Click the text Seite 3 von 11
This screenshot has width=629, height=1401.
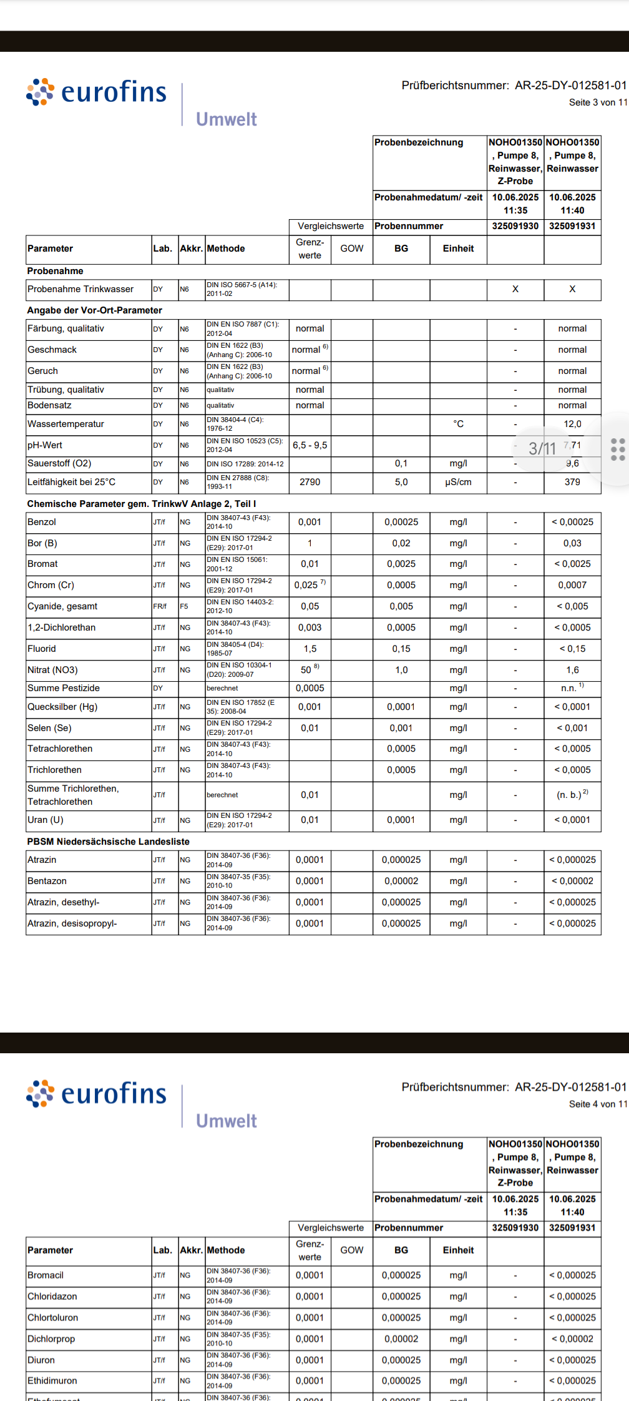pos(597,102)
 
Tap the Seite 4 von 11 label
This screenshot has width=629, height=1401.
pos(597,1104)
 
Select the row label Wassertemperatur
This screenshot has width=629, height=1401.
pos(66,424)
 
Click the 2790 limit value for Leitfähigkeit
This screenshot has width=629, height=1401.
pos(310,482)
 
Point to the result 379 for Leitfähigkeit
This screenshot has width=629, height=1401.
pos(572,482)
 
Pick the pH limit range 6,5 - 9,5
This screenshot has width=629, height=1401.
pos(310,445)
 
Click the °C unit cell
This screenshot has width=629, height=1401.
pos(458,424)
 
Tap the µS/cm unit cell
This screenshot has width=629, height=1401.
pos(458,482)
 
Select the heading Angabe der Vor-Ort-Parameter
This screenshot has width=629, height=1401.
pos(94,310)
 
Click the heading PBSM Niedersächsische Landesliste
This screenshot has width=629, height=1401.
pos(108,842)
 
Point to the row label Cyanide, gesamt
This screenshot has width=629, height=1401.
pos(62,606)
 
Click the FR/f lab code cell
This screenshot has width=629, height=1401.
pos(160,606)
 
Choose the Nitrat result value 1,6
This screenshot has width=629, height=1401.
pos(572,670)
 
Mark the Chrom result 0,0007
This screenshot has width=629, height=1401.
pos(572,585)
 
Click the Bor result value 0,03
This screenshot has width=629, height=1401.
pos(572,543)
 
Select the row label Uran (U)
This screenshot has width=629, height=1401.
pos(46,820)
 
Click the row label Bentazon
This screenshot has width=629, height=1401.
pos(47,881)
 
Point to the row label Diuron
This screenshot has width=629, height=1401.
pos(41,1360)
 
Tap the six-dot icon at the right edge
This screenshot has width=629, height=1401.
pos(618,450)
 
